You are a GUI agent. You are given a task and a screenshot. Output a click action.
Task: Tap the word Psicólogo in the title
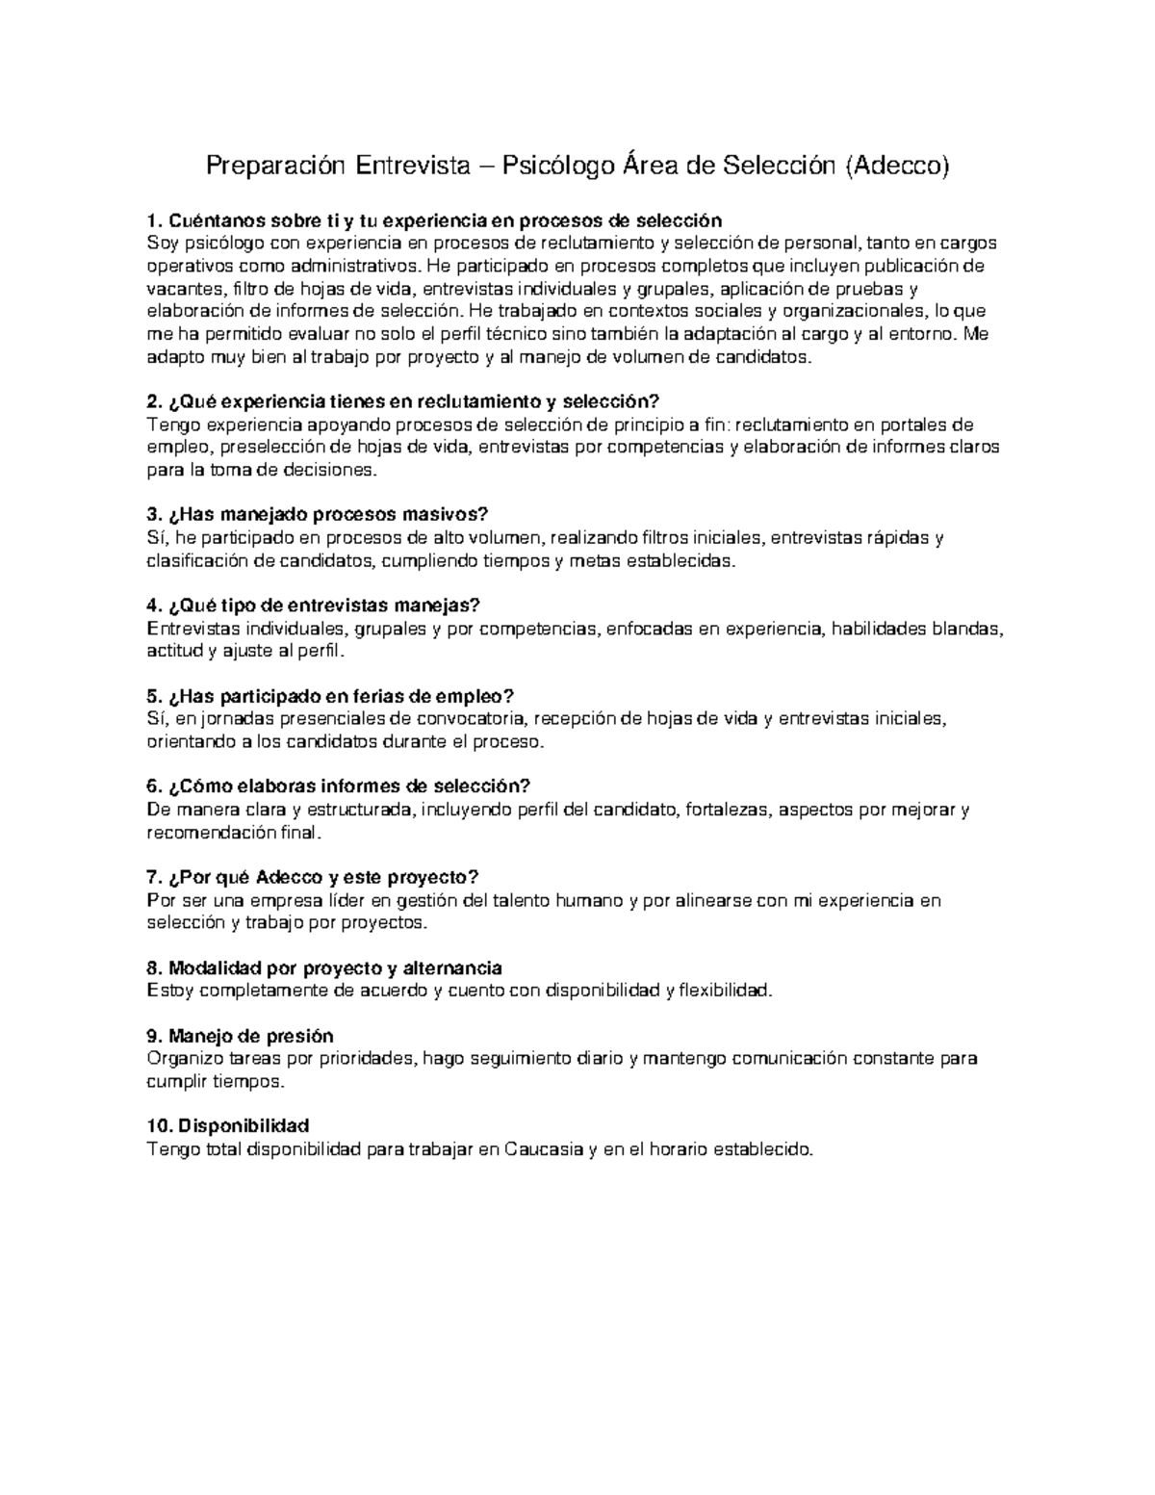(x=558, y=167)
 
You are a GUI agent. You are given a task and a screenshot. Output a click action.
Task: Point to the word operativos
(x=187, y=266)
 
